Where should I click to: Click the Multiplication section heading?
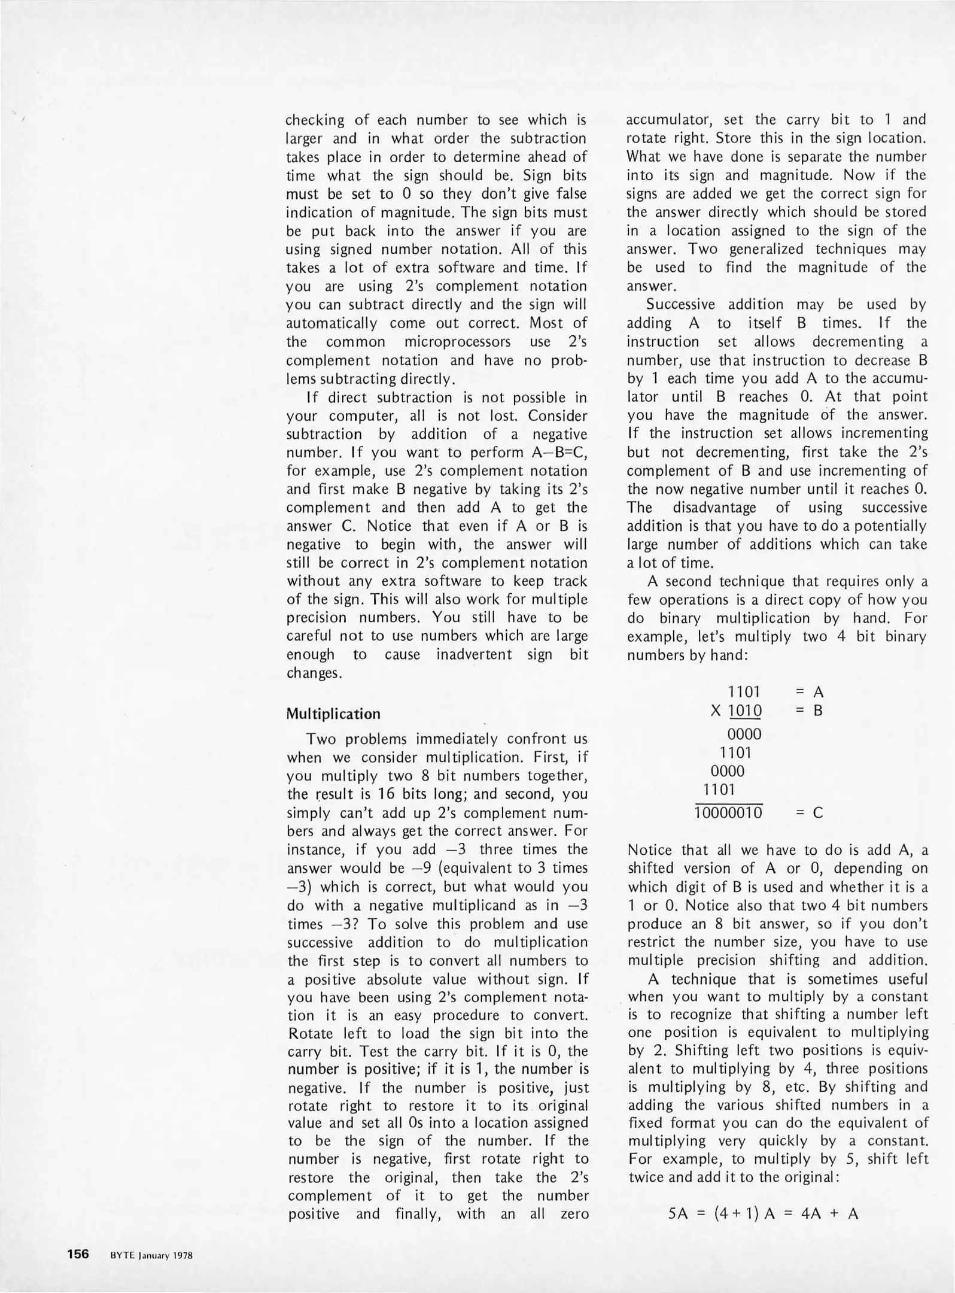(x=333, y=714)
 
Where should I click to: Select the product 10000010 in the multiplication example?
(x=728, y=813)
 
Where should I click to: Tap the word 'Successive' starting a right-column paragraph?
(x=680, y=305)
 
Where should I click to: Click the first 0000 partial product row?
(x=744, y=734)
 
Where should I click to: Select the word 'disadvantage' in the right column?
(x=714, y=508)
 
